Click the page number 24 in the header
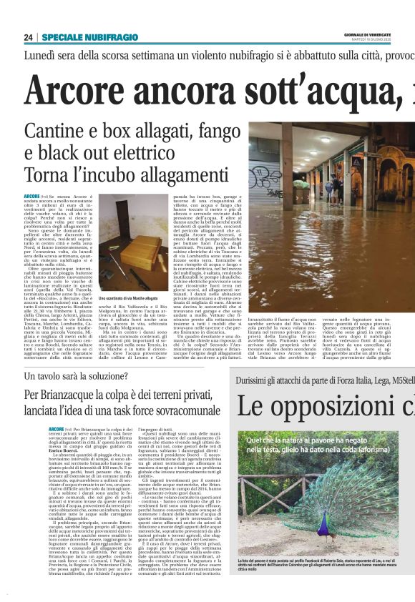click(28, 37)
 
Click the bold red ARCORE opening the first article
click(31, 195)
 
